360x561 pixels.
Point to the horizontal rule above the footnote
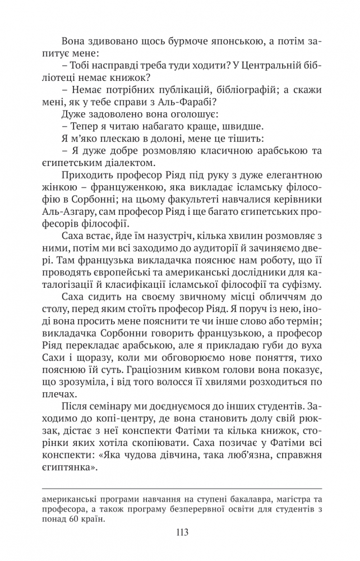[179, 489]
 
